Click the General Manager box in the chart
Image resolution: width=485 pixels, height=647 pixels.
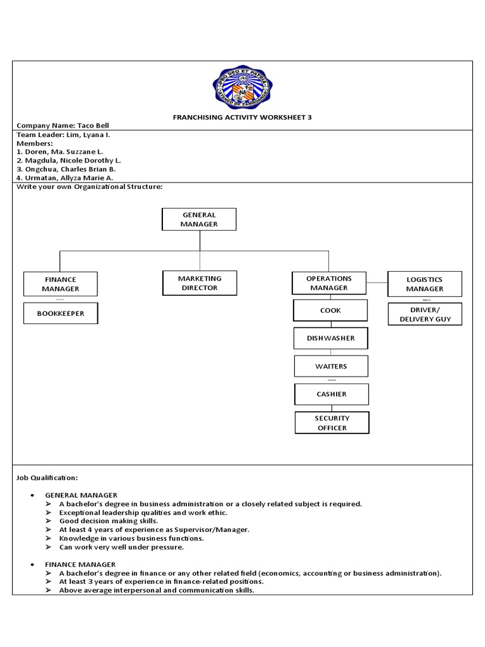tap(199, 219)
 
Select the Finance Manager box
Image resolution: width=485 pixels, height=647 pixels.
tap(61, 284)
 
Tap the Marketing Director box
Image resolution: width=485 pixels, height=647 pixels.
tap(199, 283)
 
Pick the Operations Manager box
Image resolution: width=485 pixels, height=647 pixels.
tap(328, 283)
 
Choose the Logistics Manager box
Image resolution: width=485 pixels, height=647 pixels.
tap(424, 284)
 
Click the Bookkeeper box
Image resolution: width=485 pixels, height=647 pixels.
tap(61, 313)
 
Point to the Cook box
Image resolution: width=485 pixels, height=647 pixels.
tap(330, 310)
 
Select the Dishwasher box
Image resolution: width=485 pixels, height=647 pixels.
tap(331, 338)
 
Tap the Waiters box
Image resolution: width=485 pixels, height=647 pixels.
tap(331, 366)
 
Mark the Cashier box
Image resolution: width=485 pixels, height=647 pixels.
tap(332, 394)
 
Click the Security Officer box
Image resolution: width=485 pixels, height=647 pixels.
tap(332, 423)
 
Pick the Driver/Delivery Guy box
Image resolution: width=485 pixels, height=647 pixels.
tap(425, 314)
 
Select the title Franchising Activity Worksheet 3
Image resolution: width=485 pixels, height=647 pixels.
tap(242, 118)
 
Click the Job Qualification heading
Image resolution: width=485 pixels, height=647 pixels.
tap(47, 478)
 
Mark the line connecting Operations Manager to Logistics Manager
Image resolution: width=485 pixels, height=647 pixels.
tap(377, 282)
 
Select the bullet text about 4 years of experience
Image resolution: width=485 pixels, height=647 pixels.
tap(155, 529)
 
